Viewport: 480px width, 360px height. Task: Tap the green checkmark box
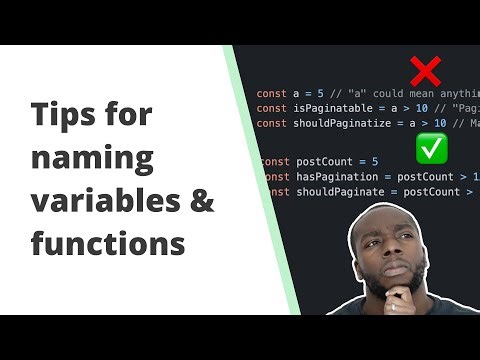tap(431, 150)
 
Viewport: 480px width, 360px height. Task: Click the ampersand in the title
tap(200, 199)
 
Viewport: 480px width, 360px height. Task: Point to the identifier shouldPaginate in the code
tap(340, 192)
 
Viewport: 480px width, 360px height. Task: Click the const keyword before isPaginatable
tap(271, 107)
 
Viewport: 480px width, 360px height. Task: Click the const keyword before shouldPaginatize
tap(271, 123)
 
